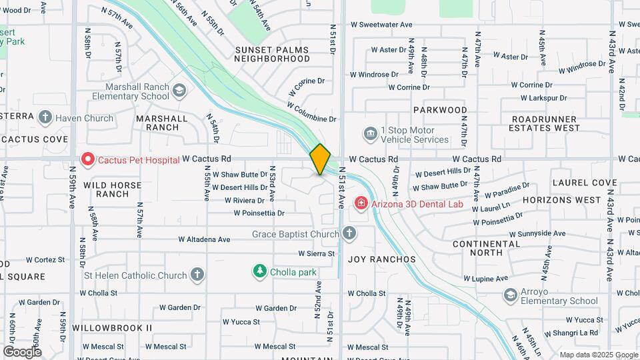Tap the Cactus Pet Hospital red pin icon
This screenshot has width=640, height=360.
87,159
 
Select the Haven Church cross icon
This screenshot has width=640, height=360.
45,118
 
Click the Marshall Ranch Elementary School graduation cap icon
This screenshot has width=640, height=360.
179,91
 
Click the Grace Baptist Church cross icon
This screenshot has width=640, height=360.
349,233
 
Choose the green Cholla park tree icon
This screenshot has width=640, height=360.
259,271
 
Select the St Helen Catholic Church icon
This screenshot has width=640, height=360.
197,275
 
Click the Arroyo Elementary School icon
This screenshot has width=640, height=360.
511,295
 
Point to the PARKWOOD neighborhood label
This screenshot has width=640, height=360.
440,110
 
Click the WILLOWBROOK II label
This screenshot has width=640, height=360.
113,328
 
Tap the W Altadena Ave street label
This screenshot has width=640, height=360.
205,239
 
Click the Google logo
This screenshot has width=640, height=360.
22,351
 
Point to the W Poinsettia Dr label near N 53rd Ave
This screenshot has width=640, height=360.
259,213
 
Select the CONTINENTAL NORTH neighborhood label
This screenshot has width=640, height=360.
486,248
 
